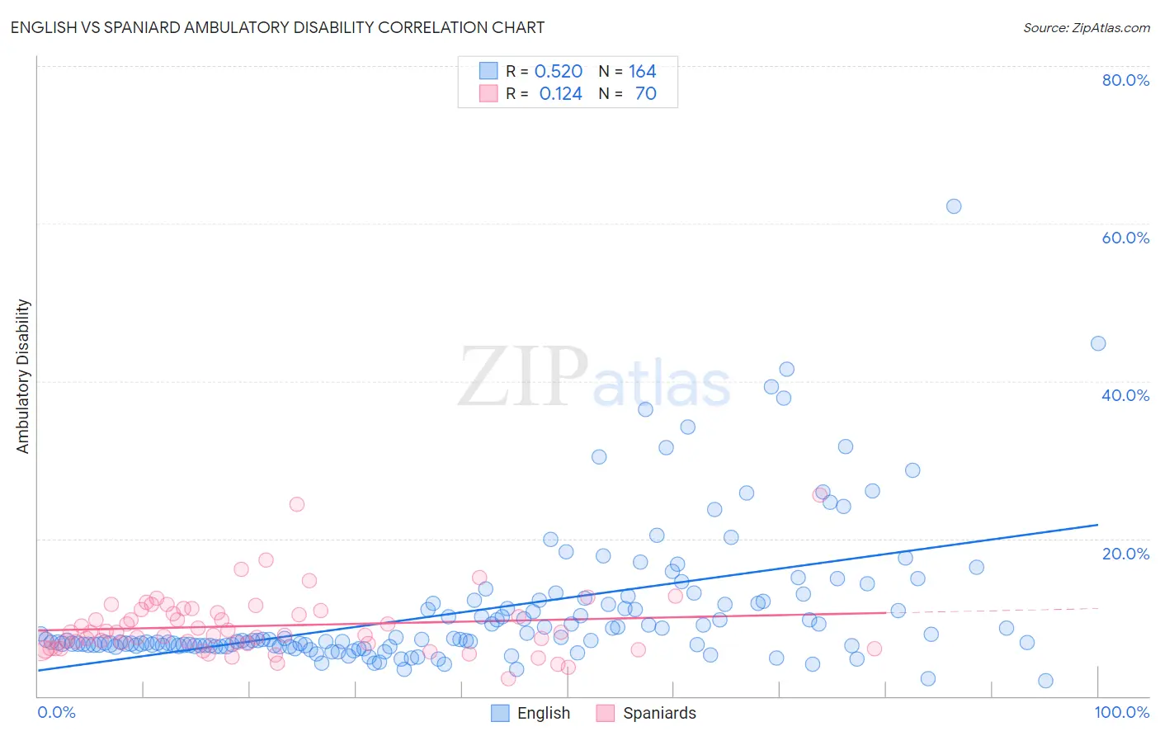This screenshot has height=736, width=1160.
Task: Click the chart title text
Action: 277,27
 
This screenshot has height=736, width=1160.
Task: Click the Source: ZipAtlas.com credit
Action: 1086,27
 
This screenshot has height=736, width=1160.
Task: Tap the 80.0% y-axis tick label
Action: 1125,80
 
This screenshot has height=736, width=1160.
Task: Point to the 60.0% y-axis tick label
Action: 1125,238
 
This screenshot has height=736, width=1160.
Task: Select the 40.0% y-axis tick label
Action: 1125,395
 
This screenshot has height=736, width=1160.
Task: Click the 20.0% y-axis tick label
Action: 1125,554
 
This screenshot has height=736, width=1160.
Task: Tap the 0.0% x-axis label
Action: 56,712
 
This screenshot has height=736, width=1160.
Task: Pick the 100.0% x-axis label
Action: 1121,712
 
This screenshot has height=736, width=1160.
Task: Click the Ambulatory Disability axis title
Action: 23,376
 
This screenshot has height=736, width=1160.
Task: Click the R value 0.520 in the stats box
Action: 559,72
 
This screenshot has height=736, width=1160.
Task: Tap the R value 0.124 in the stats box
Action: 560,94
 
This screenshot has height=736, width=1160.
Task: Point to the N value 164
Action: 642,72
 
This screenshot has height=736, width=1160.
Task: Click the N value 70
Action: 645,94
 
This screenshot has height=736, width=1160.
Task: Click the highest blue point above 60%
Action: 954,206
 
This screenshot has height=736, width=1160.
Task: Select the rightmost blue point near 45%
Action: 1098,343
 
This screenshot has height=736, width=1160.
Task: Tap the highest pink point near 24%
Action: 297,504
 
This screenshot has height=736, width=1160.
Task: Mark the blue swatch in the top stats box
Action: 488,71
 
